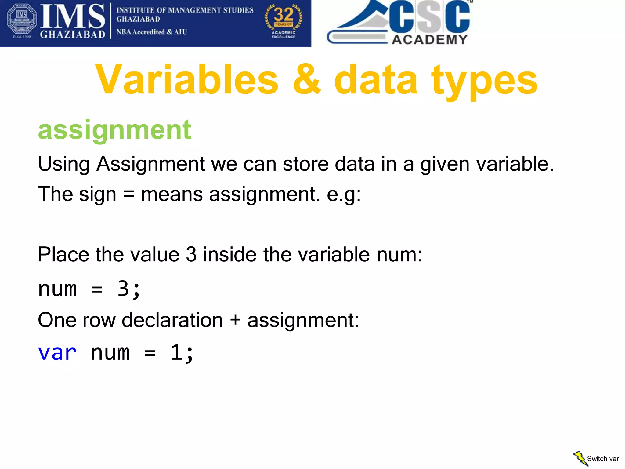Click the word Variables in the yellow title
pos(187,80)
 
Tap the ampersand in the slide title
pos(306,80)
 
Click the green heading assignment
pos(114,130)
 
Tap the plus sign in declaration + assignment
pos(235,320)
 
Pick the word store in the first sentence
pos(305,164)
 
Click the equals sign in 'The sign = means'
pos(128,195)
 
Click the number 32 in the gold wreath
pos(284,15)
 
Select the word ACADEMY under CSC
pos(429,40)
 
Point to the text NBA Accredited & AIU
pos(151,32)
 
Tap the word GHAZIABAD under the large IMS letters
pos(72,34)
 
